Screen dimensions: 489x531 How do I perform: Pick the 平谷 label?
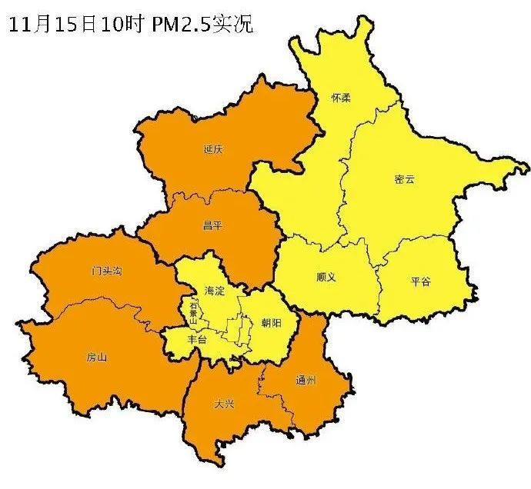(421, 281)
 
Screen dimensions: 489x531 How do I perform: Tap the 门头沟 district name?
(106, 271)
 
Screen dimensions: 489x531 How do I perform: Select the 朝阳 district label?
(272, 323)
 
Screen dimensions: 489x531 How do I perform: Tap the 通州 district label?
(305, 381)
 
